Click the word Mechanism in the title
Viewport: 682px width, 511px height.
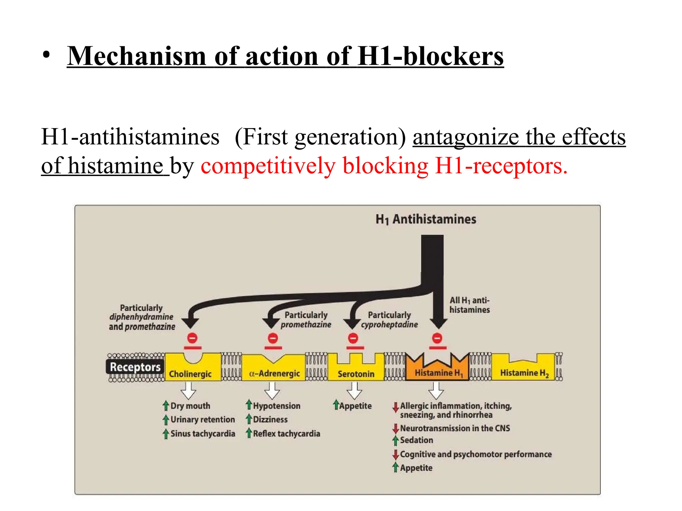[136, 57]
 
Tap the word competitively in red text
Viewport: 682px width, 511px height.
[268, 166]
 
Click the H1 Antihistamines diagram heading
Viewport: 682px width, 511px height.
[426, 220]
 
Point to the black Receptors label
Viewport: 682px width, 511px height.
[135, 367]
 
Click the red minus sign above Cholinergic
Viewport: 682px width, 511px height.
[192, 338]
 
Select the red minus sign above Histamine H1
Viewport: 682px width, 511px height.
[437, 338]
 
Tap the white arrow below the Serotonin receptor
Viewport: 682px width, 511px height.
[354, 391]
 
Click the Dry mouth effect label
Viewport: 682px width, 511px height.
[190, 406]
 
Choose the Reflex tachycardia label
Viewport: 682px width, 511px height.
[286, 433]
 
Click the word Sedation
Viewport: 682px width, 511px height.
[416, 440]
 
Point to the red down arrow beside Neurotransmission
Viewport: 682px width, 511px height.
[396, 428]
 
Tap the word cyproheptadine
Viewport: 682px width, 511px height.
[389, 324]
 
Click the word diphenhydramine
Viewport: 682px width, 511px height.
[141, 317]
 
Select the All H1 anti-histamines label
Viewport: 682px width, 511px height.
[470, 305]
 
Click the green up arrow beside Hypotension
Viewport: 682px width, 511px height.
[249, 405]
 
